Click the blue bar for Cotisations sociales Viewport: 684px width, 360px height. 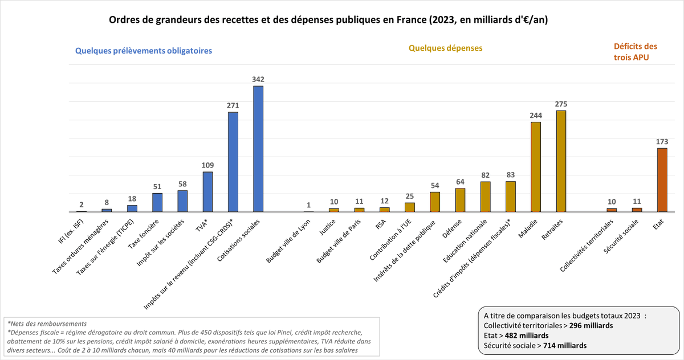pos(258,149)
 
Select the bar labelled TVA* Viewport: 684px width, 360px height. pos(207,192)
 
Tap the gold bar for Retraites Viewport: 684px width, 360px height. pos(561,161)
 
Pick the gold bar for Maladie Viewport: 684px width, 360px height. pos(536,167)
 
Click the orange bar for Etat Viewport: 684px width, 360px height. pos(662,180)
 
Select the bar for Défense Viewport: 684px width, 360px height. pos(460,200)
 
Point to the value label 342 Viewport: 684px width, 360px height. pos(258,79)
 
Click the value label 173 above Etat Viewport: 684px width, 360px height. pos(662,142)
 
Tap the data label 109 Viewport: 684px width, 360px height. pos(207,165)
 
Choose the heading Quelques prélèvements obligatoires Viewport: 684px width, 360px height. pos(144,50)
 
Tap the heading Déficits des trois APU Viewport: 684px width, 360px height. pos(635,51)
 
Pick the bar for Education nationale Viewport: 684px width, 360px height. pos(485,197)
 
